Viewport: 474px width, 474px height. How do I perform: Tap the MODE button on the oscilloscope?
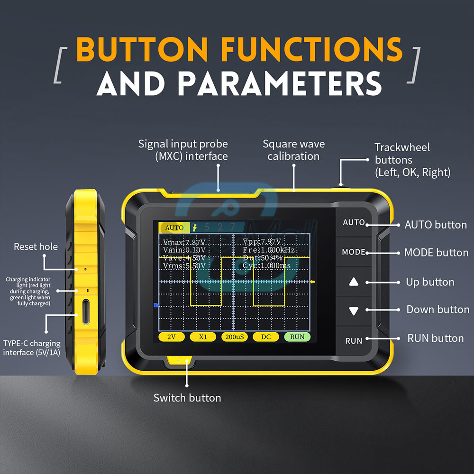click(x=354, y=252)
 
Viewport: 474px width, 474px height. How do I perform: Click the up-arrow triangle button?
click(x=354, y=282)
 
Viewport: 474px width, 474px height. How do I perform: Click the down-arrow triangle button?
click(x=354, y=311)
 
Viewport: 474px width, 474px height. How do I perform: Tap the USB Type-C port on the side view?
click(x=86, y=312)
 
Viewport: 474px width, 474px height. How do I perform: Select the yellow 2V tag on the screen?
click(x=171, y=337)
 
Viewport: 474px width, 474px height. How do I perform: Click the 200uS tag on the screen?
click(x=234, y=337)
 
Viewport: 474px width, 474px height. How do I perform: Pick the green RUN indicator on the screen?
click(x=297, y=337)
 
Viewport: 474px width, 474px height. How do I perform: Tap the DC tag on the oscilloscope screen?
click(x=265, y=337)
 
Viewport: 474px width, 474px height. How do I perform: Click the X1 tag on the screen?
click(x=203, y=337)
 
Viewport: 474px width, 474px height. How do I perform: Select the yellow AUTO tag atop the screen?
click(x=174, y=228)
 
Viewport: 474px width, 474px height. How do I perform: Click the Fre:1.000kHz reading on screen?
click(x=268, y=250)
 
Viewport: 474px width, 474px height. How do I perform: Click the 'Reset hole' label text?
click(x=36, y=246)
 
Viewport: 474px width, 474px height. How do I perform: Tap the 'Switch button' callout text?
click(x=187, y=398)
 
